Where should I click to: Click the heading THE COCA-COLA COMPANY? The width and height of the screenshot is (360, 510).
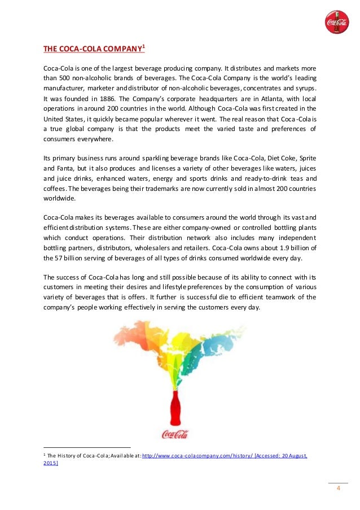(93, 49)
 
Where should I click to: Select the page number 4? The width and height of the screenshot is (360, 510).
(338, 489)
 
